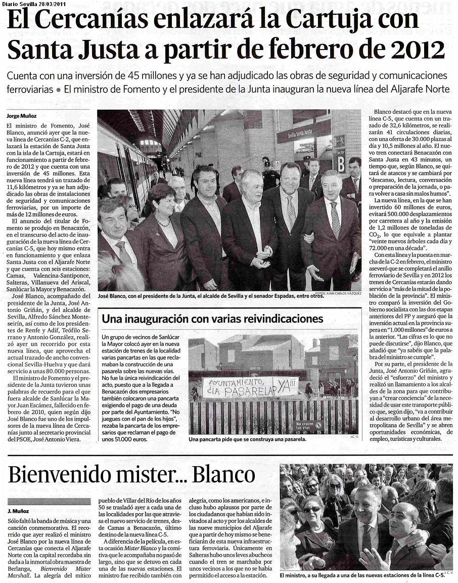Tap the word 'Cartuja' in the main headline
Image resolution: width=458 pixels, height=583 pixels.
click(x=331, y=21)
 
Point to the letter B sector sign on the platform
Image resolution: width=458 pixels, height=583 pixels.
click(x=341, y=164)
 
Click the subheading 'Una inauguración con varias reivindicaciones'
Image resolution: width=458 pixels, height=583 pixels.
click(x=212, y=319)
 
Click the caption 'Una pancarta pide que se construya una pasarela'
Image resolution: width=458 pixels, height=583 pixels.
click(x=247, y=440)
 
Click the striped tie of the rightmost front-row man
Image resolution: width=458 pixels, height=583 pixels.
click(x=335, y=220)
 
